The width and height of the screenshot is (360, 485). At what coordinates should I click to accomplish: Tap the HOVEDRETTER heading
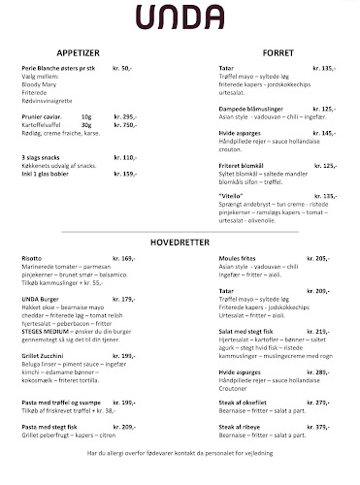pyautogui.click(x=180, y=240)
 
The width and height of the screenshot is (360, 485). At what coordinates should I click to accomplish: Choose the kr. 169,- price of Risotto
pyautogui.click(x=123, y=259)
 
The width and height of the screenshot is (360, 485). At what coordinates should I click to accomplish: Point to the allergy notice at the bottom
pyautogui.click(x=180, y=452)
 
